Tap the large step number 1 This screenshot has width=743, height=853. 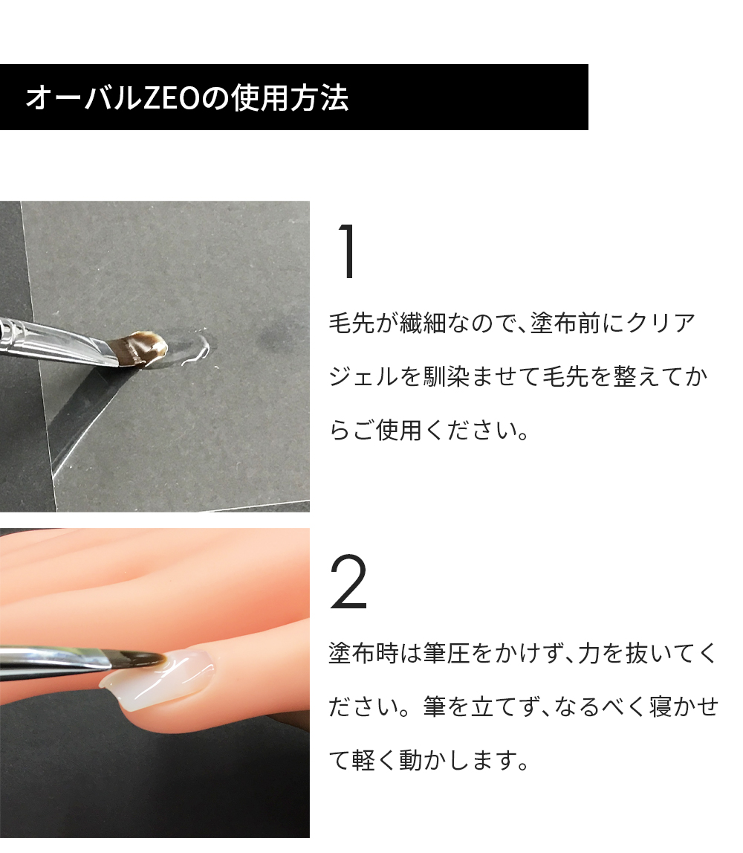(347, 251)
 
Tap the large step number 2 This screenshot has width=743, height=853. (348, 582)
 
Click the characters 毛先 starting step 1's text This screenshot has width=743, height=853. (352, 324)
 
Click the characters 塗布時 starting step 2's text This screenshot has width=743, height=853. (364, 653)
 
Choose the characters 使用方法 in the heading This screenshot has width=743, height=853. (290, 98)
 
